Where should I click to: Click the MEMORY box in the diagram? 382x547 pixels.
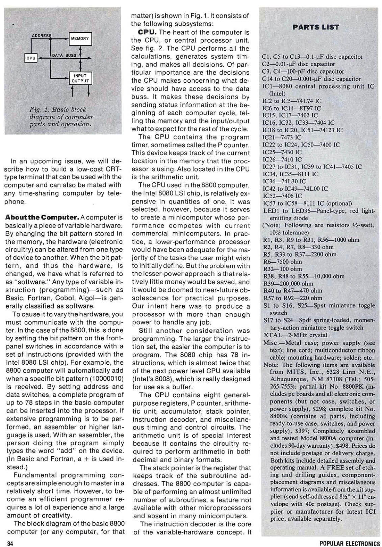pos(80,38)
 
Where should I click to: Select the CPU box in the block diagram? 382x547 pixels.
pos(31,58)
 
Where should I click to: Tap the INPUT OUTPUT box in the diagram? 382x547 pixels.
pos(80,78)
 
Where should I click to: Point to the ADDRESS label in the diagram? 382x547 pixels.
pos(42,35)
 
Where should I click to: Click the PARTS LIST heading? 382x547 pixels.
pos(316,27)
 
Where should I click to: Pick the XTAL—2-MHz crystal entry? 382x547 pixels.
pos(295,335)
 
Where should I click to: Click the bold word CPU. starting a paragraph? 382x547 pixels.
pos(147,33)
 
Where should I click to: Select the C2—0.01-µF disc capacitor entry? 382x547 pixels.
pos(299,64)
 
